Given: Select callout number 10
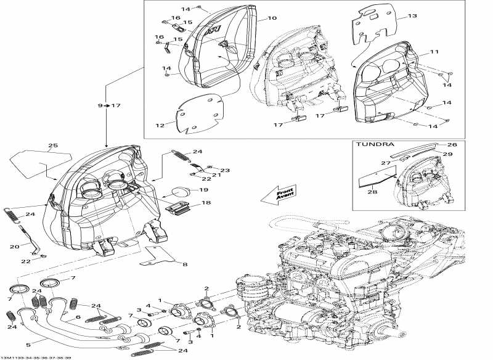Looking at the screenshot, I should pos(272,19).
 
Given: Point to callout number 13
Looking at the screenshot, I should pos(412,16).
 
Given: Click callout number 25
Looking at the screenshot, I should pos(53,146).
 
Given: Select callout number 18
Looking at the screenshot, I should pos(205,202).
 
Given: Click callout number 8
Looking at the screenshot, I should pos(184,264).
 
